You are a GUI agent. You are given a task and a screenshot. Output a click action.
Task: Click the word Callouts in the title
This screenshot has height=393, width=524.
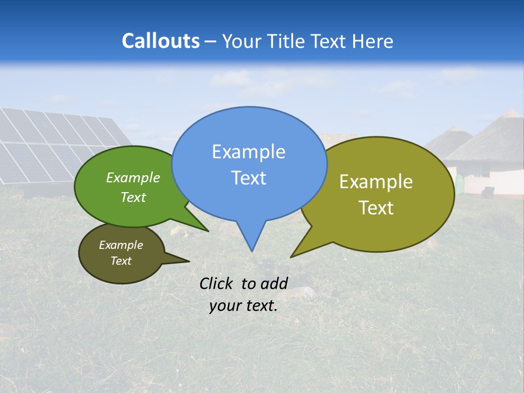click(160, 41)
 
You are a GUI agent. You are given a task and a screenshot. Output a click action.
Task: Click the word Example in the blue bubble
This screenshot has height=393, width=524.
click(248, 152)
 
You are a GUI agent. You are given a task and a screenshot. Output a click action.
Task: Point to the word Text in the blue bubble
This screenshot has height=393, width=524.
click(248, 178)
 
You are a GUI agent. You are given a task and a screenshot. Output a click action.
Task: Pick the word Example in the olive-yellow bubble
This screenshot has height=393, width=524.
click(376, 182)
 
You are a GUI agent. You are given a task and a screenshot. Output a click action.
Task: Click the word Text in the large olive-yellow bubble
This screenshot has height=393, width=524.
click(376, 208)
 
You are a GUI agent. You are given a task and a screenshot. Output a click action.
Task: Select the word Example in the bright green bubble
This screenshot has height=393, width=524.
click(133, 178)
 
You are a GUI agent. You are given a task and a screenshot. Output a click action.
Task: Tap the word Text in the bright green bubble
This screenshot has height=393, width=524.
click(133, 197)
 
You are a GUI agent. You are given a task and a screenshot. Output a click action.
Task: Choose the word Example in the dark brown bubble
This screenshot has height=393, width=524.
click(121, 245)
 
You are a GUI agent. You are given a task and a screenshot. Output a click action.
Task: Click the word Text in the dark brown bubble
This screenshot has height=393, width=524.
click(121, 261)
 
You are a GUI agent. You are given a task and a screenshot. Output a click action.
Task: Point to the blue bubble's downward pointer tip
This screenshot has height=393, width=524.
click(252, 250)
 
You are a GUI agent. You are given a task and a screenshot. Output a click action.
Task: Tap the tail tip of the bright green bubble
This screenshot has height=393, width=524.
click(207, 231)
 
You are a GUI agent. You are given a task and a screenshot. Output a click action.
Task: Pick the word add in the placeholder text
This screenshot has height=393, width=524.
click(274, 283)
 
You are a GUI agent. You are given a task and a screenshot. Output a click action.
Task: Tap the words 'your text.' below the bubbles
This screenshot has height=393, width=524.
click(243, 306)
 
